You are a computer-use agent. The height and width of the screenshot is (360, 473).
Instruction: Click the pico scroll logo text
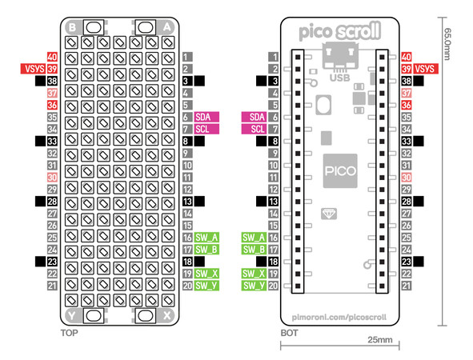coord(339,31)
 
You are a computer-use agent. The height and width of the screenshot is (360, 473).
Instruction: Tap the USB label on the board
coord(339,78)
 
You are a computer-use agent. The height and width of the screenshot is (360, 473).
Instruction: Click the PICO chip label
coord(340,171)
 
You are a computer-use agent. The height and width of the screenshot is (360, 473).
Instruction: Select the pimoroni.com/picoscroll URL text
coord(339,317)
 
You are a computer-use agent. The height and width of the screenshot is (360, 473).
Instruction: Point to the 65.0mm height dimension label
coord(447,44)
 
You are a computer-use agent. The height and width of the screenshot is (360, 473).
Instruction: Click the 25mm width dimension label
coord(380,340)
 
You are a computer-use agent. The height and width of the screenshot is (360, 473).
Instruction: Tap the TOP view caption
coord(69,333)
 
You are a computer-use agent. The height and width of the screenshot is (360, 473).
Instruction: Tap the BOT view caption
coord(289,333)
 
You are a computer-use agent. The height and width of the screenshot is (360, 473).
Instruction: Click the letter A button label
coord(166,27)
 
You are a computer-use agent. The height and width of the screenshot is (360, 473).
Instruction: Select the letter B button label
coord(72,27)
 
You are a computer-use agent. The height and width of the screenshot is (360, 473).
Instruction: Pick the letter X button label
coord(166,316)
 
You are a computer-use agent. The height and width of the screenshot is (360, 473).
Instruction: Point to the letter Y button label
coord(72,316)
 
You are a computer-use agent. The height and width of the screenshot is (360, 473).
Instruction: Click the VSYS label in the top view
coord(33,69)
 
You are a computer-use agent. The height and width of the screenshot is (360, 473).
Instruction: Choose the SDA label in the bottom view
coord(254,117)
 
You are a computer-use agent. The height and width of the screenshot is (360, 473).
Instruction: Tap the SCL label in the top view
coord(206,129)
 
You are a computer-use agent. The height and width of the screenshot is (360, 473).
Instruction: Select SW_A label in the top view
coord(206,238)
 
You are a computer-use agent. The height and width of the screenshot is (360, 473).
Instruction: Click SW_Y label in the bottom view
coord(254,286)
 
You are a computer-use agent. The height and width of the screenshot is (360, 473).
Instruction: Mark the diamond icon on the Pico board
coord(329,214)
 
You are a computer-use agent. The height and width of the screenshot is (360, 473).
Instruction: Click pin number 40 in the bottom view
coord(407,57)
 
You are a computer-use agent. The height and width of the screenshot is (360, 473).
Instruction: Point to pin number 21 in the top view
coord(52,286)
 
